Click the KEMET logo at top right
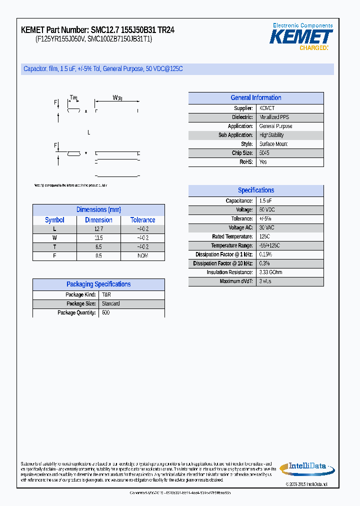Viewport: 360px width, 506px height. [x=301, y=37]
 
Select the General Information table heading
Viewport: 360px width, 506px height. [x=255, y=98]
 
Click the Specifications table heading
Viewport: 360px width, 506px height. [x=255, y=190]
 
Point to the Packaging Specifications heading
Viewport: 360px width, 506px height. [x=98, y=284]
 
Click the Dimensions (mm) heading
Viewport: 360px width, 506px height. [x=98, y=210]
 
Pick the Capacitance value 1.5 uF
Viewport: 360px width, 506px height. [x=265, y=201]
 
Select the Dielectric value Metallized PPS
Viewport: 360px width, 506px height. [x=274, y=117]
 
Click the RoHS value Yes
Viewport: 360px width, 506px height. [x=263, y=162]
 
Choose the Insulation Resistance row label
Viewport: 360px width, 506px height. [x=229, y=272]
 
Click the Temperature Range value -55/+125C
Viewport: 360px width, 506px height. [x=269, y=245]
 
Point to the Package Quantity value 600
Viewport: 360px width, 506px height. [x=105, y=313]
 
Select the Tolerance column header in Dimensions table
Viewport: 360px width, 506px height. [x=142, y=220]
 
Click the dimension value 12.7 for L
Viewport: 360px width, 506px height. [x=98, y=229]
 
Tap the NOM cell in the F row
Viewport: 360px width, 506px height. [x=142, y=256]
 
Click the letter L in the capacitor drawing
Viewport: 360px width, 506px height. [x=88, y=132]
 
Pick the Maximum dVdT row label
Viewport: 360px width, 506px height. [x=236, y=281]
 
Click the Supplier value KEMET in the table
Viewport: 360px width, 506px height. [x=267, y=108]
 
